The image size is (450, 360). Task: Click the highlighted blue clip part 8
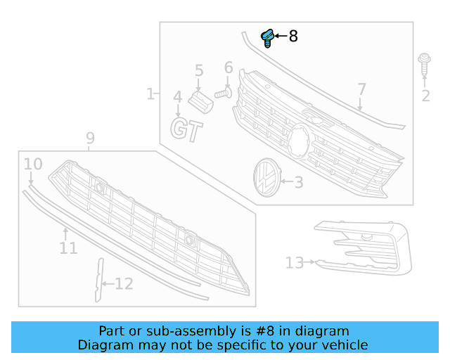(267, 37)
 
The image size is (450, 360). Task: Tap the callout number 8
(293, 36)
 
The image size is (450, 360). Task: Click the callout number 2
(425, 96)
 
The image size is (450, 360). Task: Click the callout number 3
(298, 183)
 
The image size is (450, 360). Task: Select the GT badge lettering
(187, 130)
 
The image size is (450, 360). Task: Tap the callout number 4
(178, 97)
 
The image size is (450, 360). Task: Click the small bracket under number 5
(202, 101)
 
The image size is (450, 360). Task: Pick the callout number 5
(199, 70)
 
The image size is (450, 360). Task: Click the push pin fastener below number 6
(224, 91)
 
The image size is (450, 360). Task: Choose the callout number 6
(229, 68)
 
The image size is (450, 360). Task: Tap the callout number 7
(361, 89)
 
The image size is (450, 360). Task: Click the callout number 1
(150, 94)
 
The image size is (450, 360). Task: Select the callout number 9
(90, 139)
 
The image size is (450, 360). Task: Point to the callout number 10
(33, 165)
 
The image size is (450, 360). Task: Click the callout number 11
(68, 248)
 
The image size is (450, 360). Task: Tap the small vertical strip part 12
(98, 279)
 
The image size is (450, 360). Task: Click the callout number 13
(295, 263)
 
